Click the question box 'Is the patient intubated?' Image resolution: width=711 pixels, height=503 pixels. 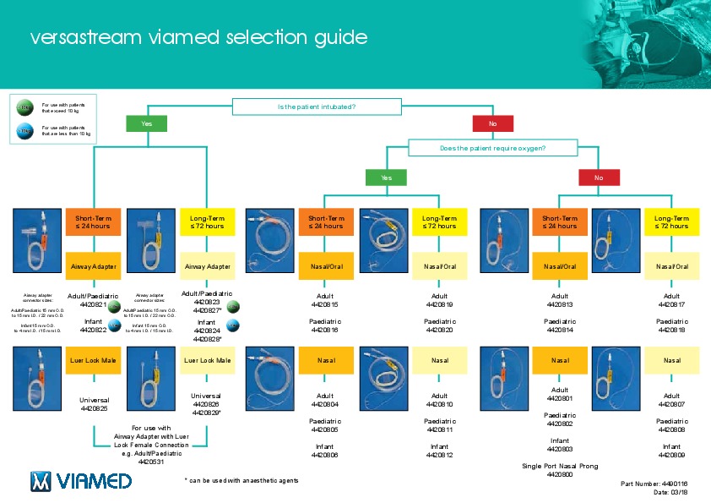pyautogui.click(x=317, y=107)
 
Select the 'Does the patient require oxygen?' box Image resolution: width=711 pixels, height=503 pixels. pyautogui.click(x=492, y=148)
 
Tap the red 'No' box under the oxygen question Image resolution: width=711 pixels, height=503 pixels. pyautogui.click(x=599, y=178)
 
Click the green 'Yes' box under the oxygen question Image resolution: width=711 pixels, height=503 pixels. pyautogui.click(x=386, y=178)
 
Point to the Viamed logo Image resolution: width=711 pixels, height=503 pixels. pyautogui.click(x=81, y=481)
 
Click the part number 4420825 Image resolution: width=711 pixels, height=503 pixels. pyautogui.click(x=95, y=409)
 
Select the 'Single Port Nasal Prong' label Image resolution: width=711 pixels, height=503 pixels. pyautogui.click(x=560, y=466)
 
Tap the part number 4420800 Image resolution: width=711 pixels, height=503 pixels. pyautogui.click(x=560, y=475)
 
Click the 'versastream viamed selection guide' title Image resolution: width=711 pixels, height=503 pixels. pyautogui.click(x=198, y=38)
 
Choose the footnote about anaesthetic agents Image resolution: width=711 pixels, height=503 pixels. pyautogui.click(x=242, y=480)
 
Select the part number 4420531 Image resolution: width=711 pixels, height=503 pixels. pyautogui.click(x=152, y=462)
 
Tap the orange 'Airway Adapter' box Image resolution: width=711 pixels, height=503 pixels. pyautogui.click(x=91, y=265)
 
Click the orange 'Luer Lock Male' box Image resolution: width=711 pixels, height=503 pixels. pyautogui.click(x=91, y=360)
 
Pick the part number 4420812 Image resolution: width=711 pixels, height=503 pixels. pyautogui.click(x=440, y=455)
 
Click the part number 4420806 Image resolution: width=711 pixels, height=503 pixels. pyautogui.click(x=324, y=455)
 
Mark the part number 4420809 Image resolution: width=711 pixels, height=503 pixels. pyautogui.click(x=672, y=455)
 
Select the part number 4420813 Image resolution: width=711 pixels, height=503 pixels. pyautogui.click(x=560, y=304)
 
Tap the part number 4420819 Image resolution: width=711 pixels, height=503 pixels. pyautogui.click(x=440, y=304)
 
